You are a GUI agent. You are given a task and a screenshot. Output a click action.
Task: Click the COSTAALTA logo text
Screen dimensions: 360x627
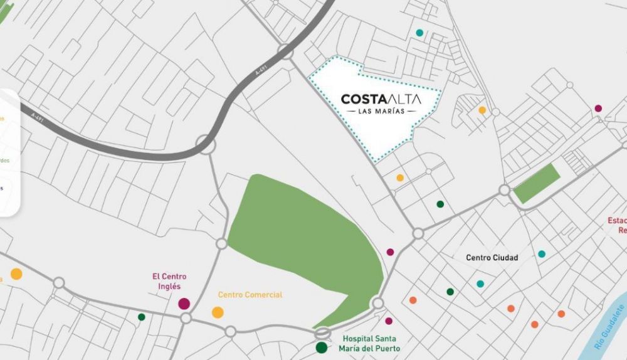[x=381, y=99]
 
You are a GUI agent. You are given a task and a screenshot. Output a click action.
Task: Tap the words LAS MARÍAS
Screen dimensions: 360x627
[x=381, y=112]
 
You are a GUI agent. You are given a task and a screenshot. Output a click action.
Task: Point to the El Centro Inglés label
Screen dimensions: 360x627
[x=169, y=281]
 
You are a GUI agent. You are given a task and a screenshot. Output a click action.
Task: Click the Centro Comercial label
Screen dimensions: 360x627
[x=250, y=295]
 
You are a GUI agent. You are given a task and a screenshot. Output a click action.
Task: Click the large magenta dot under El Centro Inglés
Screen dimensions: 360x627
[x=184, y=304]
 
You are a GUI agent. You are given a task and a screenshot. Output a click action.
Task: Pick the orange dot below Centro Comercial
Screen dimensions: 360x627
[x=218, y=312]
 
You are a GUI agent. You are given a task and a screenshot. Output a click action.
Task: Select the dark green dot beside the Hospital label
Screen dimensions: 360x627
[x=322, y=347]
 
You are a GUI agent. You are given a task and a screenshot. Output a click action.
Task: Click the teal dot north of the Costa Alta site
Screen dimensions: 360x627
[x=419, y=33]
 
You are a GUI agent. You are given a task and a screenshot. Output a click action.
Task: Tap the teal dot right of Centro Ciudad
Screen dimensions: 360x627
[x=542, y=254]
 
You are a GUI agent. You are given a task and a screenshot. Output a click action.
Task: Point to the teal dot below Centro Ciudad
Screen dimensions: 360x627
[x=480, y=283]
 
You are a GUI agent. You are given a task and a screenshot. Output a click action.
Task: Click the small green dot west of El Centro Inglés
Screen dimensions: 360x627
[x=142, y=317]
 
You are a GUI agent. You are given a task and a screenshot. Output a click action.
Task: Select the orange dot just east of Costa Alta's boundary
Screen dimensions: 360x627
[x=482, y=110]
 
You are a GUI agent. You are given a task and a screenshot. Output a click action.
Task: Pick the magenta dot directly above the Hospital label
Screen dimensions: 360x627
[x=389, y=321]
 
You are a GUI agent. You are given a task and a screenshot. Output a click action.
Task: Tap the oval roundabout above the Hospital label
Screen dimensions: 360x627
[x=323, y=333]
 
